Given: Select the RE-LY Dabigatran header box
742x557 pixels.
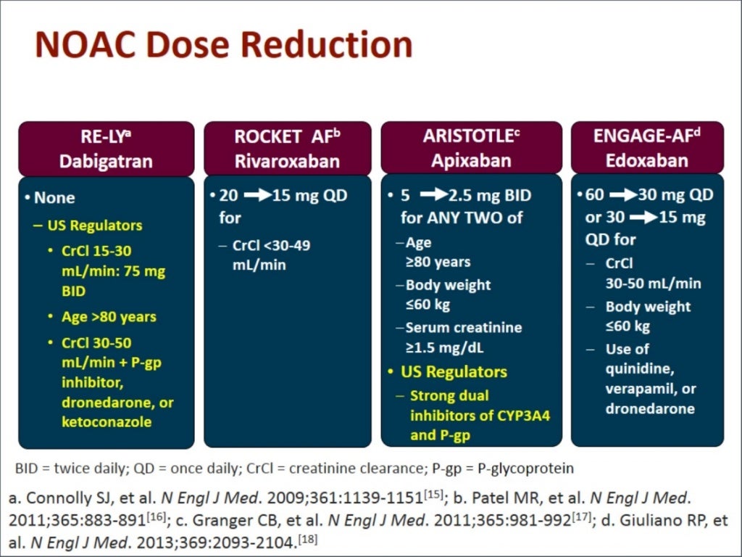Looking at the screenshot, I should tap(106, 148).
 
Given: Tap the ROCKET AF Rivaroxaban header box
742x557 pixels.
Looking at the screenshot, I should tap(287, 148).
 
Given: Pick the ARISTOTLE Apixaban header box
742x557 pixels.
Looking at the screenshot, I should tap(471, 148).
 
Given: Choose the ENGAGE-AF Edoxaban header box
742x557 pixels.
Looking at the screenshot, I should tap(647, 148).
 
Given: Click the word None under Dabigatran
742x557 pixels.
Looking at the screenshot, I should tap(54, 197).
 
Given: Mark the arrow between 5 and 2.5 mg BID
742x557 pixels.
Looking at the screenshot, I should tap(433, 196).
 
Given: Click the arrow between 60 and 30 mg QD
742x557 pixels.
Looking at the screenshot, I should tap(622, 196).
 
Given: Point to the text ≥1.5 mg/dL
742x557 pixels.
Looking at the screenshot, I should tap(445, 347).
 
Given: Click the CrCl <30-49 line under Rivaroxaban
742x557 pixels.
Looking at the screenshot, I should tap(271, 246).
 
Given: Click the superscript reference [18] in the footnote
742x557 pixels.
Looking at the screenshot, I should tap(308, 540).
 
